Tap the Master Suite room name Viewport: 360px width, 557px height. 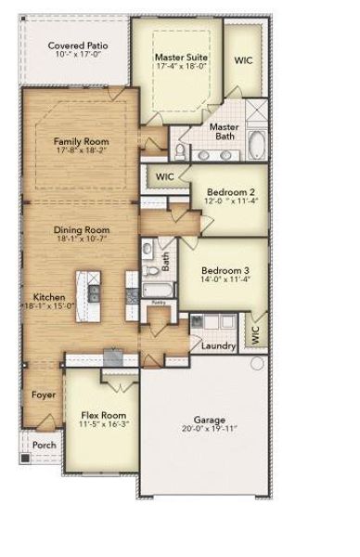click(x=181, y=58)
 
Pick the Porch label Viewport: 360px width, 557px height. click(x=44, y=445)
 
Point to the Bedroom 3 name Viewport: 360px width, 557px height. click(x=225, y=262)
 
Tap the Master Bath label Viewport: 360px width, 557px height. click(x=224, y=133)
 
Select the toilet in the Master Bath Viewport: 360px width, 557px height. click(x=178, y=149)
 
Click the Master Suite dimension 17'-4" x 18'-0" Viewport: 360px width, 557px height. click(x=181, y=69)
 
